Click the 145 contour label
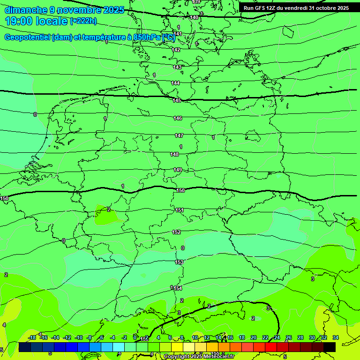pos(177,101)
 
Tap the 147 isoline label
pos(179,135)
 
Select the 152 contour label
pos(176,232)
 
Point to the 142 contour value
pos(176,50)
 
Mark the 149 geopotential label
pos(178,170)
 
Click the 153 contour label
pos(179,262)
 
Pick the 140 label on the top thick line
pos(194,17)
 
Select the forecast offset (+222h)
pos(83,21)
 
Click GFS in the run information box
pos(260,8)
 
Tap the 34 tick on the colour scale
pos(336,337)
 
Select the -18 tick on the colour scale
pos(32,337)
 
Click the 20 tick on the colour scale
pos(254,337)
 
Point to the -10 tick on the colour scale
pos(78,337)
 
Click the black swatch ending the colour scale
pos(330,347)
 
